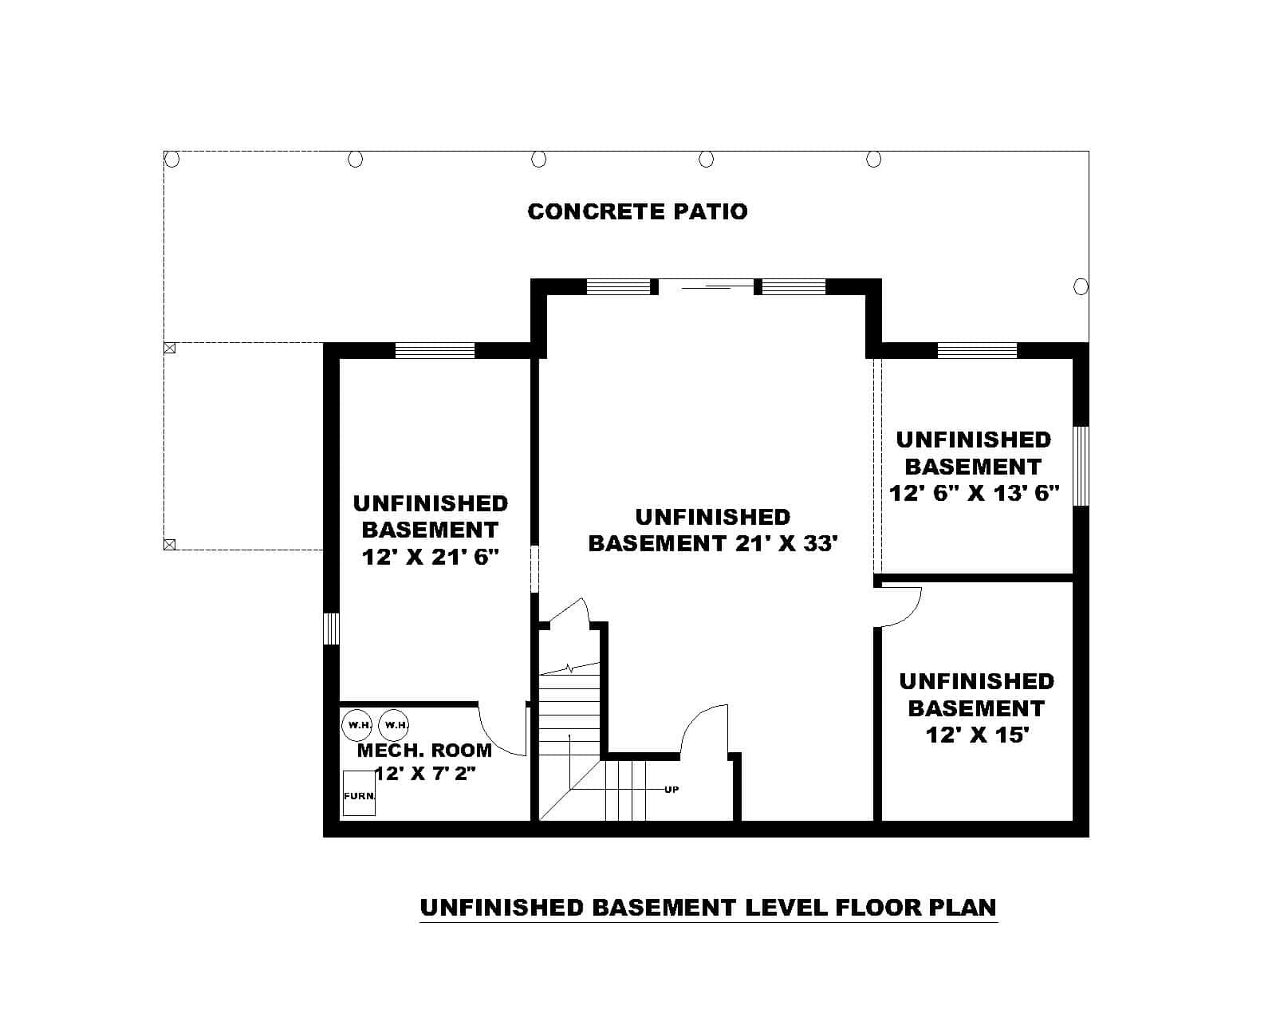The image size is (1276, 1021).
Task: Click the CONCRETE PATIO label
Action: pyautogui.click(x=637, y=211)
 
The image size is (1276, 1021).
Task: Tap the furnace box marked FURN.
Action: pyautogui.click(x=359, y=794)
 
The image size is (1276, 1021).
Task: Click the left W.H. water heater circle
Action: pyautogui.click(x=356, y=724)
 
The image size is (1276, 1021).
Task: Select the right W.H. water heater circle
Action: pyautogui.click(x=394, y=724)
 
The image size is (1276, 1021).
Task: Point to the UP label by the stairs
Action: pyautogui.click(x=671, y=790)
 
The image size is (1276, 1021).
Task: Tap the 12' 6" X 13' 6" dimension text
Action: pyautogui.click(x=974, y=493)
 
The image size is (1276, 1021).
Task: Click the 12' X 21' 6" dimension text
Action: pyautogui.click(x=430, y=557)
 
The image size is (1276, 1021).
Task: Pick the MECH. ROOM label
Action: pyautogui.click(x=424, y=750)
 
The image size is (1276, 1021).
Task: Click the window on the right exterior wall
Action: pyautogui.click(x=1081, y=466)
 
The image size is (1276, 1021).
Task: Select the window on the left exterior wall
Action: pyautogui.click(x=331, y=628)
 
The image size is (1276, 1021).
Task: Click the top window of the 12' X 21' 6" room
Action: pyautogui.click(x=435, y=350)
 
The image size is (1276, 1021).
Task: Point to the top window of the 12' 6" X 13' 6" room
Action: pyautogui.click(x=977, y=350)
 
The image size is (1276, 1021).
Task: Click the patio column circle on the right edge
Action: pyautogui.click(x=1081, y=286)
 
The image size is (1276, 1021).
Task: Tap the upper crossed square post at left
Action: pyautogui.click(x=169, y=348)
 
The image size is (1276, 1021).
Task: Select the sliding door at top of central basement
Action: pyautogui.click(x=706, y=284)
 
